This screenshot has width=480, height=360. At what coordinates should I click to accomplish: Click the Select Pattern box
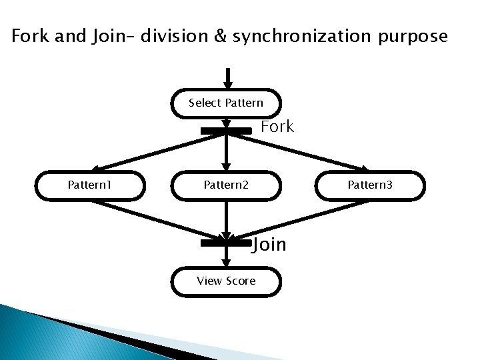[226, 103]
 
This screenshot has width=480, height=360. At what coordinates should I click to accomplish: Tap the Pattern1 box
[90, 185]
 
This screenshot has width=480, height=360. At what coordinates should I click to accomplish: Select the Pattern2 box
[226, 185]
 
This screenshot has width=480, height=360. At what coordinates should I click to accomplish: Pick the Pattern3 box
[370, 185]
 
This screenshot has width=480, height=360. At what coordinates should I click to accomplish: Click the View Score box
[226, 281]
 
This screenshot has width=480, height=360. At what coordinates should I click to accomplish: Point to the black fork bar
[226, 131]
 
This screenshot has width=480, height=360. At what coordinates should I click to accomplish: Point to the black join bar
[226, 243]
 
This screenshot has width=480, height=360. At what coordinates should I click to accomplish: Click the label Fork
[277, 127]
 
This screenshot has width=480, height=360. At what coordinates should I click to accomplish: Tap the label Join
[269, 245]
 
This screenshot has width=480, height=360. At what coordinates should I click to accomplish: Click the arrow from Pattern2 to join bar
[227, 219]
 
